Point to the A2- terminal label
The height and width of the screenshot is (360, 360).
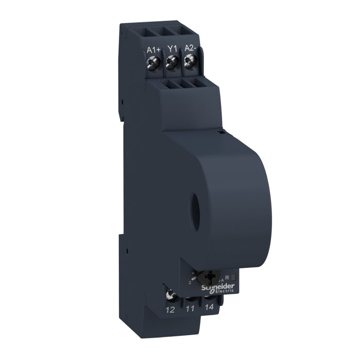pyautogui.click(x=191, y=49)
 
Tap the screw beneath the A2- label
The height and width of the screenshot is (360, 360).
pyautogui.click(x=189, y=61)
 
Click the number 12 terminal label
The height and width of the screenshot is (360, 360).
pyautogui.click(x=170, y=310)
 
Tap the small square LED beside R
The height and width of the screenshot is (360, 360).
pyautogui.click(x=232, y=277)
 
